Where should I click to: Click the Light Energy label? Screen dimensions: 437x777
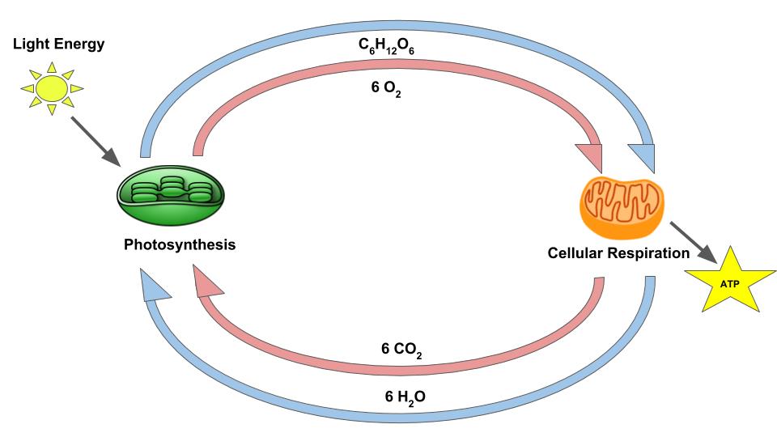click(x=58, y=44)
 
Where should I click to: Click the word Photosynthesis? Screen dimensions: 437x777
click(x=180, y=244)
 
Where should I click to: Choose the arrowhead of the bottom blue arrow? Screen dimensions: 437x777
click(x=154, y=283)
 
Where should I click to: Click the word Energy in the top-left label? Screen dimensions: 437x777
click(x=81, y=44)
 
